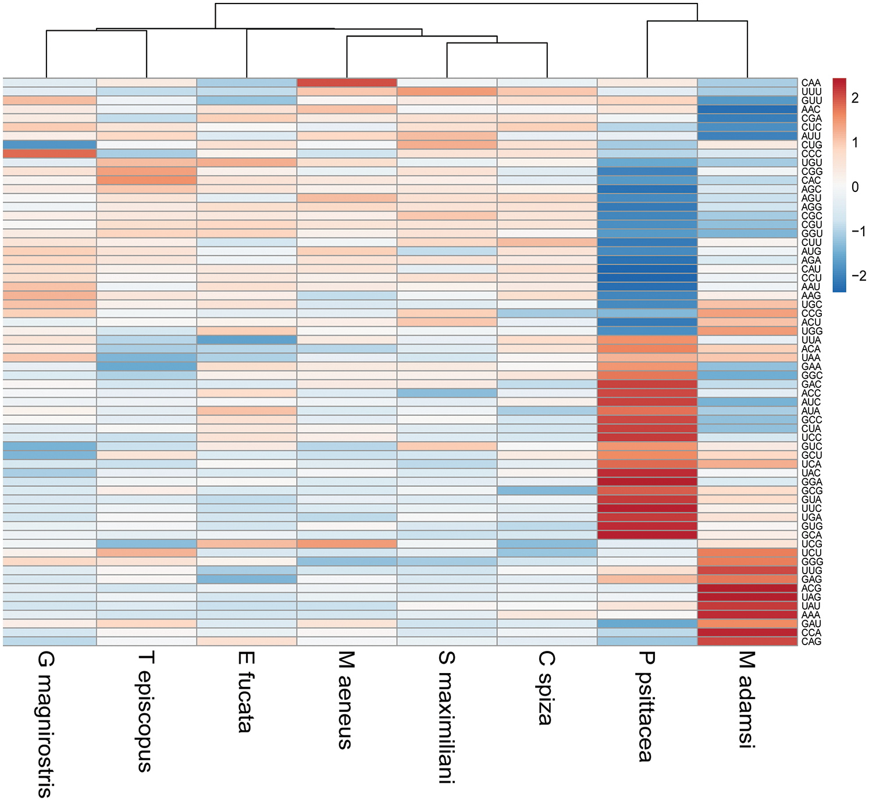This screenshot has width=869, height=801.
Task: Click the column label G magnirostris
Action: click(45, 724)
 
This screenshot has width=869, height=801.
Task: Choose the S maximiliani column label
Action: click(446, 717)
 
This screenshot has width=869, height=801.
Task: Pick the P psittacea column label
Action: click(646, 706)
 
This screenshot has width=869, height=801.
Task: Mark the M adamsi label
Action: click(747, 699)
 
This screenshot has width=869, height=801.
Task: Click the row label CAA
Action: click(811, 83)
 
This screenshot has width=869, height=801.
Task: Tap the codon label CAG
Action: click(811, 641)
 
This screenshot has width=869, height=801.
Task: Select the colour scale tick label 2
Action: click(855, 98)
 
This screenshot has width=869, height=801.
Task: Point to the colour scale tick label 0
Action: click(855, 187)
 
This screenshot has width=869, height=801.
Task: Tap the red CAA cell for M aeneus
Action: click(347, 83)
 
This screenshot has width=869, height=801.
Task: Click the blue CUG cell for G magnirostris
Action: click(49, 144)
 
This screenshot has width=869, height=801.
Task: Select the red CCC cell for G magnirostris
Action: click(49, 154)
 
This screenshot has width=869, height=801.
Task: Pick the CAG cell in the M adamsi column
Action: click(747, 641)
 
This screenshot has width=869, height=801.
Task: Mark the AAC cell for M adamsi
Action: click(747, 109)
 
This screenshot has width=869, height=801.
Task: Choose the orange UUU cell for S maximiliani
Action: click(447, 91)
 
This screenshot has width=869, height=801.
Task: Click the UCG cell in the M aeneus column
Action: click(347, 543)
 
